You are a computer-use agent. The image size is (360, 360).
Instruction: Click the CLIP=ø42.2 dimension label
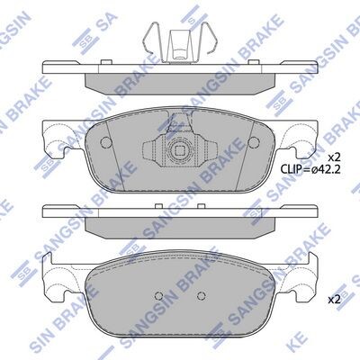310,169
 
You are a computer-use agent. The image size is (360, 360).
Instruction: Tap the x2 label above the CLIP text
333,157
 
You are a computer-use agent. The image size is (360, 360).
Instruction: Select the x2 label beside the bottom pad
334,300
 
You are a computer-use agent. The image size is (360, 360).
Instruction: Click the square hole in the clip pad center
179,150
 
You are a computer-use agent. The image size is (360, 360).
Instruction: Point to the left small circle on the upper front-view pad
105,142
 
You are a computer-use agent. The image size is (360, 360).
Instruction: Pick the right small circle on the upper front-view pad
254,142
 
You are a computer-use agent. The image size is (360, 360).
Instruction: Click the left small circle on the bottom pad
158,296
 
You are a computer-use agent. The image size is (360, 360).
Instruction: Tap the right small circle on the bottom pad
201,296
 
